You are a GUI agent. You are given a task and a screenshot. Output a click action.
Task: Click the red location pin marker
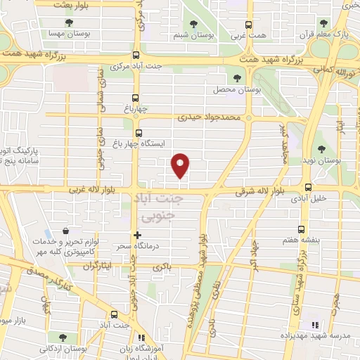click(181, 165)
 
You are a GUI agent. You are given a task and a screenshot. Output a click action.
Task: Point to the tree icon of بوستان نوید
click(321, 148)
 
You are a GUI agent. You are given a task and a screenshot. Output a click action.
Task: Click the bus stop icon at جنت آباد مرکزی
click(136, 57)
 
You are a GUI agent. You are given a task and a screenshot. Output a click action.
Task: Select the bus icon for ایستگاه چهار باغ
click(137, 131)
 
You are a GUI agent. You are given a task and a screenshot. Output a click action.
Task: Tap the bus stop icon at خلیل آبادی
click(308, 186)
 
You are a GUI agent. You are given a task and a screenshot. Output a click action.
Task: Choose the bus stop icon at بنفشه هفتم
click(302, 229)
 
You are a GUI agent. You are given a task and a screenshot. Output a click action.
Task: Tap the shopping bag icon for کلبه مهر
click(65, 231)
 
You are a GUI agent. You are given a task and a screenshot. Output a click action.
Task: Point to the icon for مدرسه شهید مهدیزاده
click(315, 325)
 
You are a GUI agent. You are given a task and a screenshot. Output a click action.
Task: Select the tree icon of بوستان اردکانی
click(65, 337)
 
